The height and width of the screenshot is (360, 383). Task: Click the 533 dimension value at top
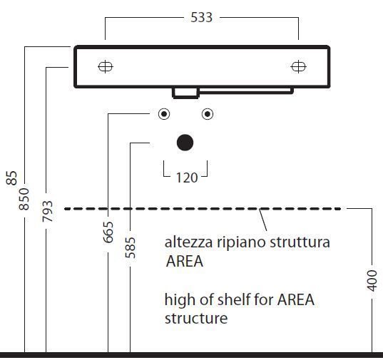click(201, 18)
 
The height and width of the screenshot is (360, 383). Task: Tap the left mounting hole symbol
click(106, 66)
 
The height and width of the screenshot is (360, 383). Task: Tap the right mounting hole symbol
click(299, 66)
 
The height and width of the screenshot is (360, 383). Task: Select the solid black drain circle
click(185, 143)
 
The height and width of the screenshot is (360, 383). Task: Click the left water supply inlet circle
click(164, 114)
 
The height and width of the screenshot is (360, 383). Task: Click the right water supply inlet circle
click(208, 114)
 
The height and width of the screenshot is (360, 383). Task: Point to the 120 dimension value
click(187, 178)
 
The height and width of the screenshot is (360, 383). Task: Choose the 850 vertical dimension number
click(24, 199)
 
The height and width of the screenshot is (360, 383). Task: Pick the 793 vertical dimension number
click(47, 211)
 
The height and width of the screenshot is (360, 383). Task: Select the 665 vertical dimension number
click(108, 232)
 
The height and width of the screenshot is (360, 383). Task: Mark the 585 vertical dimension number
click(131, 247)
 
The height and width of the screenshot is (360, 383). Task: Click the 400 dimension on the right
click(372, 281)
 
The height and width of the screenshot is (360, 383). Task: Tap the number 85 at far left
click(11, 178)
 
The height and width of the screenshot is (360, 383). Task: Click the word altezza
click(188, 242)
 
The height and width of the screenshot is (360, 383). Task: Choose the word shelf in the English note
click(234, 299)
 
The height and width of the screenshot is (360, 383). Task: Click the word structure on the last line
click(196, 319)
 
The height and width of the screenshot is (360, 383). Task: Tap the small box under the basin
click(185, 93)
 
